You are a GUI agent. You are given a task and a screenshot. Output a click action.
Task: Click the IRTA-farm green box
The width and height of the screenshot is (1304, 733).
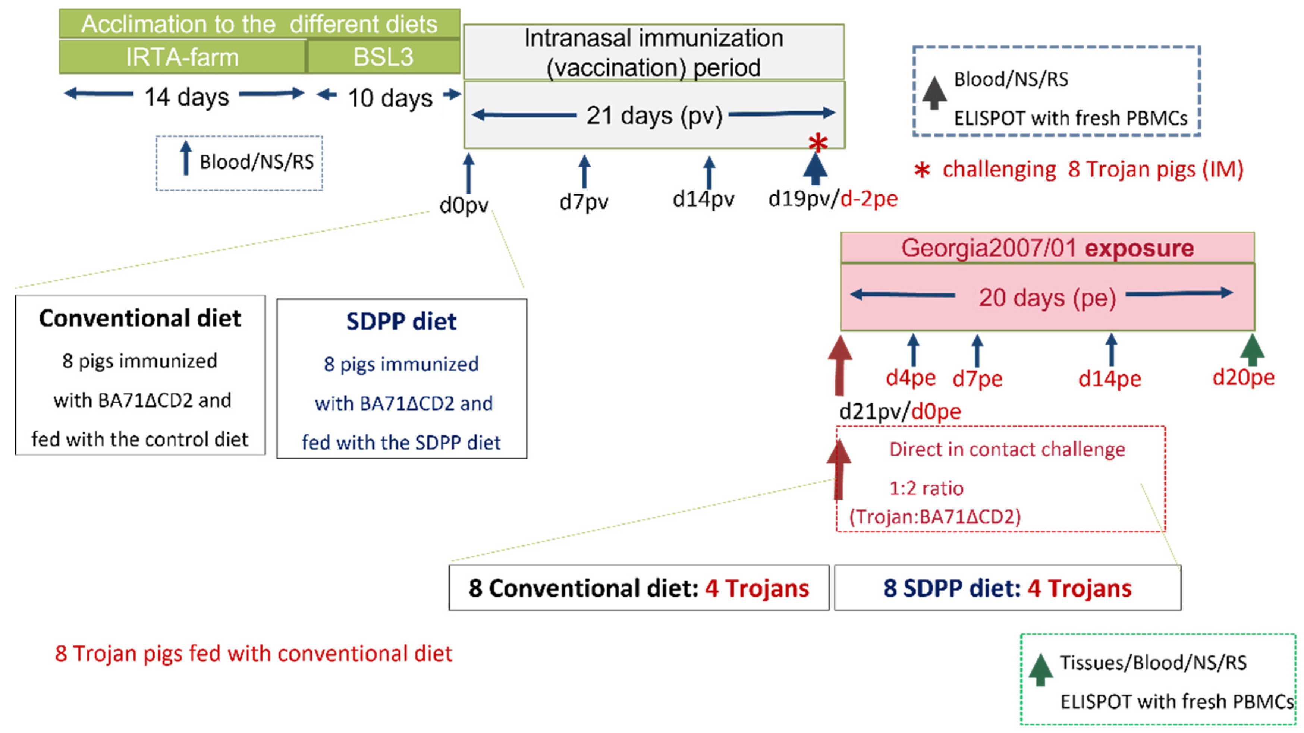point(182,57)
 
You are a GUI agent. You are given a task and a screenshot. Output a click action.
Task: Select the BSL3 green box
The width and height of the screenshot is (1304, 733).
point(383,57)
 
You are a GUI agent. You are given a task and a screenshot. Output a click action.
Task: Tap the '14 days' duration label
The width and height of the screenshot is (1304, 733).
point(186,96)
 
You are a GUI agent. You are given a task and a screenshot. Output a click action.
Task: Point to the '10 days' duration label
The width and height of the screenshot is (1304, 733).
point(390,97)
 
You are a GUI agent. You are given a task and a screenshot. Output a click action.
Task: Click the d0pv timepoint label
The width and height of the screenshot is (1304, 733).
point(464,205)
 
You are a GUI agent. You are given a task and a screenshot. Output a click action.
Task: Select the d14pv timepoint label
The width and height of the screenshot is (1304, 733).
point(703,199)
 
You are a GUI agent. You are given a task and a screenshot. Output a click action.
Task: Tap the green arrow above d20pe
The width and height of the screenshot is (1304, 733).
point(1253,349)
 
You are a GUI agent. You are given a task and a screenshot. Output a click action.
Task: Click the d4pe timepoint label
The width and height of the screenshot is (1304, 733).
point(911,378)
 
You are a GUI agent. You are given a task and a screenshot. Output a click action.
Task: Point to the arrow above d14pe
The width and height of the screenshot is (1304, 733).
point(1111,349)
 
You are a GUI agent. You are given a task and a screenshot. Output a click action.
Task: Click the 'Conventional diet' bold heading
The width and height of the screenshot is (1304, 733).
point(140,318)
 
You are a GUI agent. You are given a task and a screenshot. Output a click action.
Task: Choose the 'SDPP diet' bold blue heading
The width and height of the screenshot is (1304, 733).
point(402,321)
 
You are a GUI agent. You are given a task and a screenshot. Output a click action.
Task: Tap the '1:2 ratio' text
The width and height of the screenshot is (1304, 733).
point(926,488)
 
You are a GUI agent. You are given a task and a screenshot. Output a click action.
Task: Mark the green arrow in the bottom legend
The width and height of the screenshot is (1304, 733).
point(1041,670)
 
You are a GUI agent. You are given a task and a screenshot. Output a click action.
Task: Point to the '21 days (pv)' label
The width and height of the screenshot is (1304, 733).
point(654,116)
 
